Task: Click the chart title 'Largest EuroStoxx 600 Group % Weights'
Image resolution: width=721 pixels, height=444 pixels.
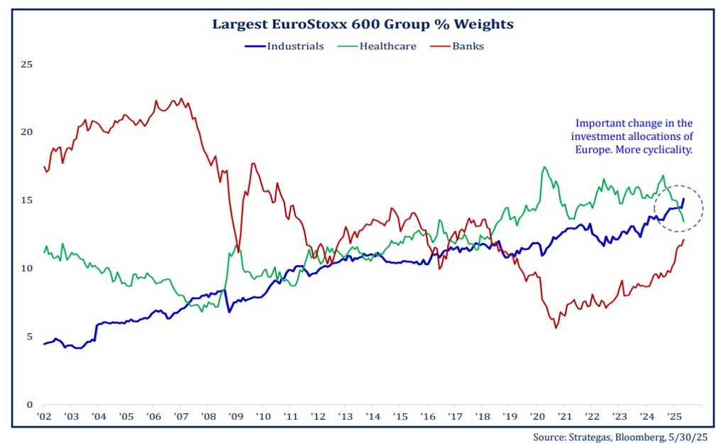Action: pos(363,24)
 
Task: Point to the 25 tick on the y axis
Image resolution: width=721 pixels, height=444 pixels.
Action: pos(27,65)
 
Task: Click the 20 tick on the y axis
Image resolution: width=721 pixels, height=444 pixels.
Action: pos(27,132)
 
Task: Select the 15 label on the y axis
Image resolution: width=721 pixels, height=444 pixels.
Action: pos(27,200)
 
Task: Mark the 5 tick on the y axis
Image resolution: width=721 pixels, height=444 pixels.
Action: pos(29,337)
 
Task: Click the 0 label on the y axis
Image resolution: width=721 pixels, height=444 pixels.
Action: pos(29,404)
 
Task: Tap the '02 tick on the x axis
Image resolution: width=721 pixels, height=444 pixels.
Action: pos(43,416)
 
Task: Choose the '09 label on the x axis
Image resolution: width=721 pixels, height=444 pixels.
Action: pos(236,416)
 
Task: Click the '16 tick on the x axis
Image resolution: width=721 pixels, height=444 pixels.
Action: pos(427,416)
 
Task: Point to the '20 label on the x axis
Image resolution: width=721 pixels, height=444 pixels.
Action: pos(536,416)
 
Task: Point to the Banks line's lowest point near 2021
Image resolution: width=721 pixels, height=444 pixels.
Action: pos(556,327)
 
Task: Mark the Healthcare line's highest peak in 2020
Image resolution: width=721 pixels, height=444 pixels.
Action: pos(544,168)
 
